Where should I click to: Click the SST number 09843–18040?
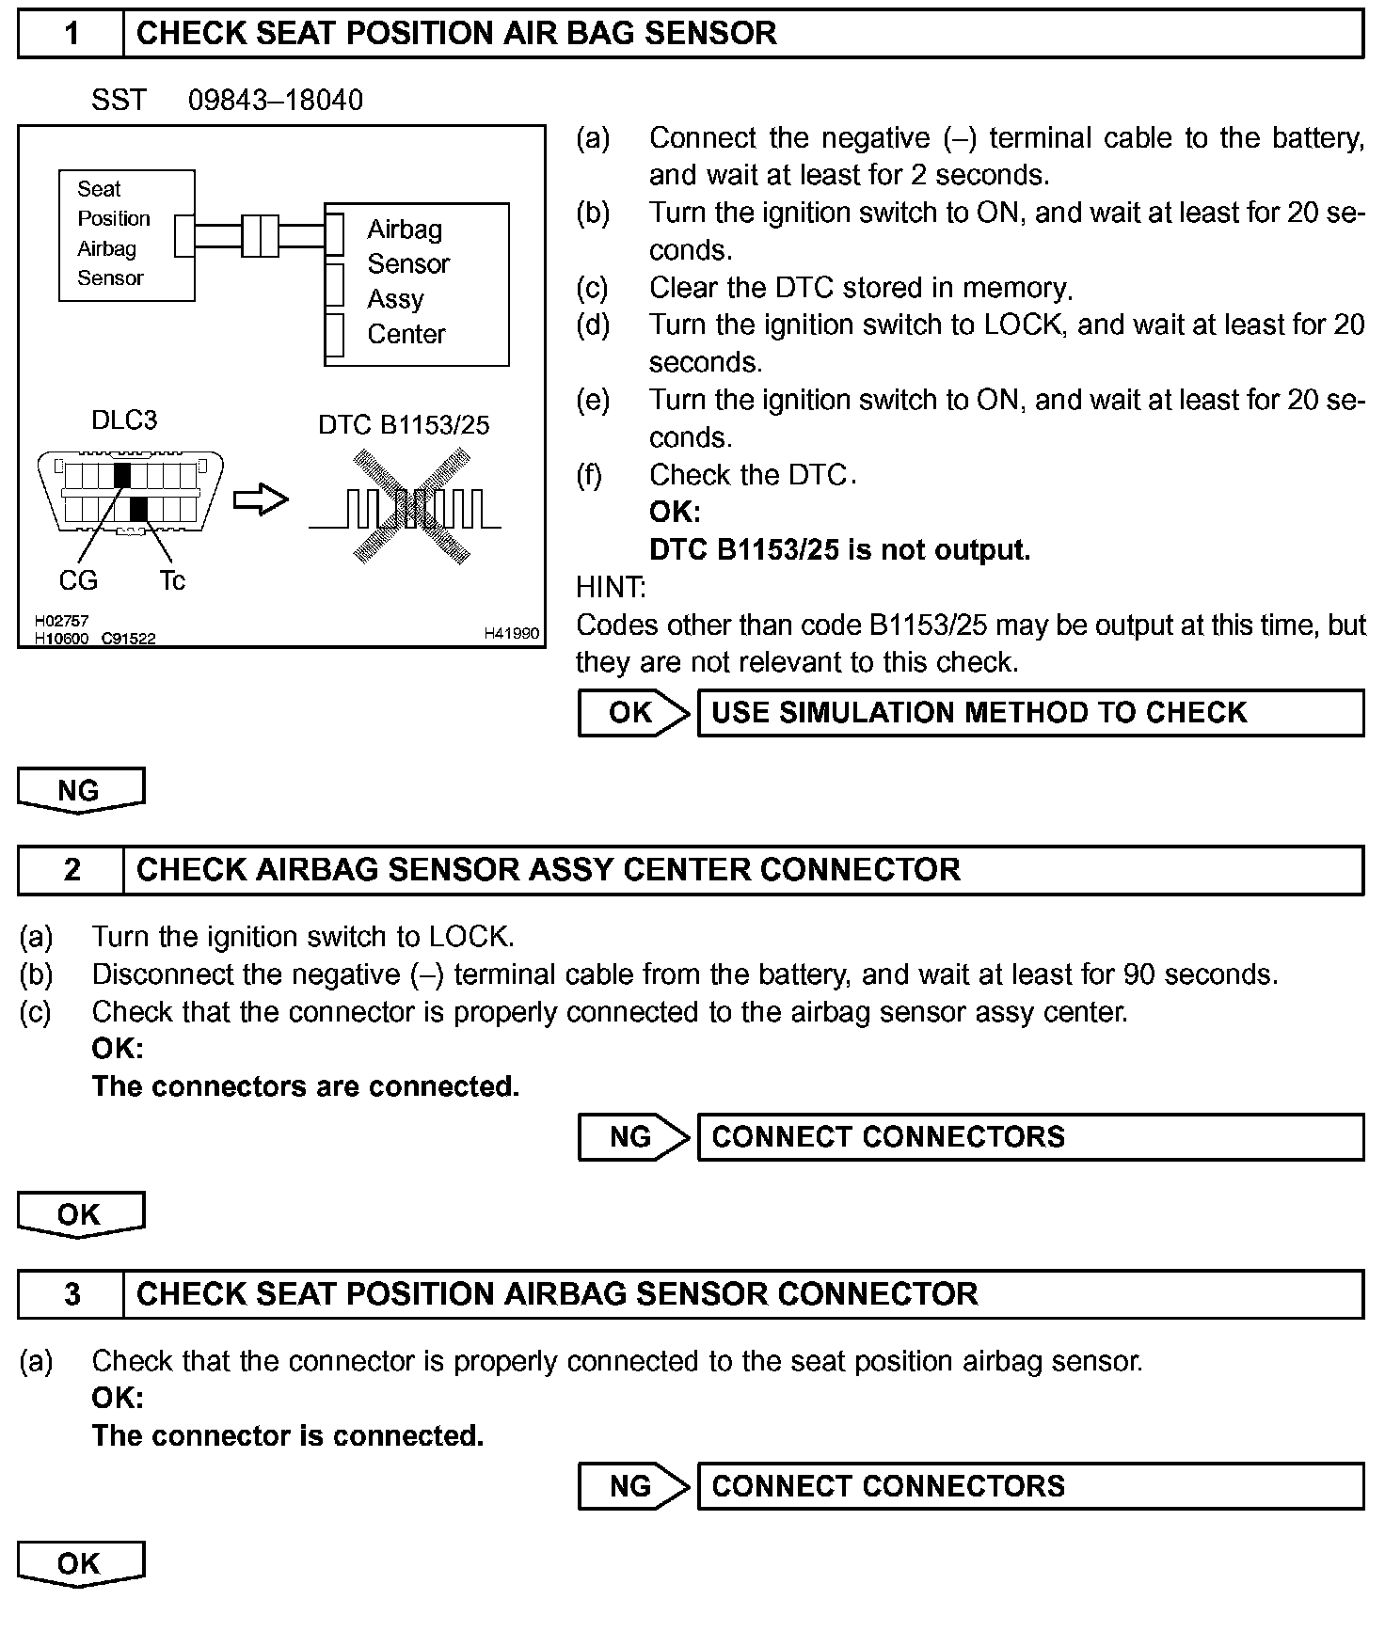point(275,101)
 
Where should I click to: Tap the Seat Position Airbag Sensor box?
point(126,235)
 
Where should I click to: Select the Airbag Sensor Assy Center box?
point(417,283)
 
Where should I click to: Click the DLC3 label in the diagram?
point(124,420)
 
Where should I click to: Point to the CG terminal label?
point(78,581)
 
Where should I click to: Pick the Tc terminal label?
point(172,581)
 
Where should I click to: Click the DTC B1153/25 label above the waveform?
point(404,425)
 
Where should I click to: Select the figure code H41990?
point(512,634)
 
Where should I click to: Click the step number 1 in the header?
point(72,34)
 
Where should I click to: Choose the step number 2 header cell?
point(72,870)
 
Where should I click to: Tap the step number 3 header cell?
point(72,1294)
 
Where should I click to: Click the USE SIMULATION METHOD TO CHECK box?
point(1030,713)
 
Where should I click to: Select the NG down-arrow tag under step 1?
point(80,790)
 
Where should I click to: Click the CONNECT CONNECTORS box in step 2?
point(1030,1137)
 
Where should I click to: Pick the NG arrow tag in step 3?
point(633,1486)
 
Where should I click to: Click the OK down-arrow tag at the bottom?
point(80,1564)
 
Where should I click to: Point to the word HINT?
point(611,588)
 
